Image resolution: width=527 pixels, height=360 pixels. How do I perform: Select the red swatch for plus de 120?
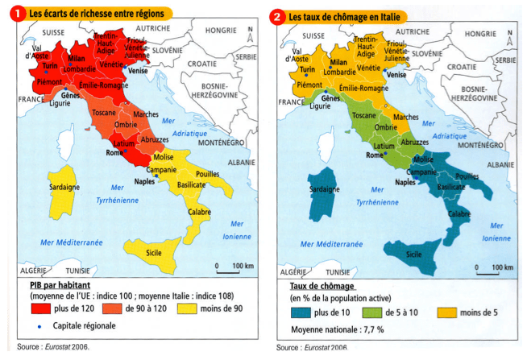(40, 308)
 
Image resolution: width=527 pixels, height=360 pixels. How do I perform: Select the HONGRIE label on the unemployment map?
(481, 34)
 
